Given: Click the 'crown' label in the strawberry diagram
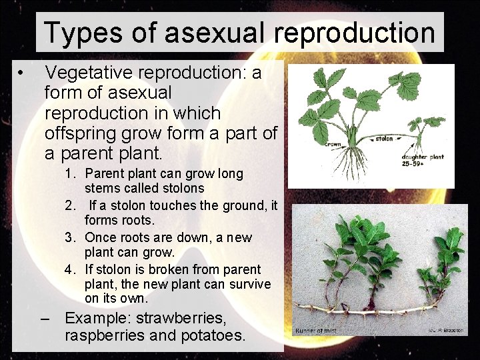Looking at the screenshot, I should tap(333, 144).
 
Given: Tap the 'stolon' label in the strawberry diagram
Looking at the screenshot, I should tap(384, 139).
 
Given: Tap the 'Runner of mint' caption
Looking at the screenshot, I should tap(316, 331).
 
